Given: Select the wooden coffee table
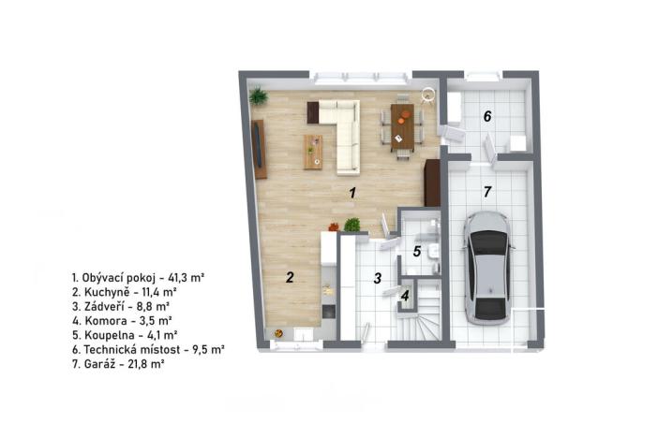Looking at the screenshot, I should pyautogui.click(x=313, y=152).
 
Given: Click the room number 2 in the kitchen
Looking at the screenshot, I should pyautogui.click(x=291, y=276).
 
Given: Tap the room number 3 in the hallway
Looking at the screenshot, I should pyautogui.click(x=377, y=277).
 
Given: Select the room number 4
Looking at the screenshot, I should pyautogui.click(x=405, y=297).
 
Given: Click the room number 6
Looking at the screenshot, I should pyautogui.click(x=486, y=117).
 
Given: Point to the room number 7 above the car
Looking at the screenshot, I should pyautogui.click(x=486, y=193).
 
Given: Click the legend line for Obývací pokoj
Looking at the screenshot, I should pyautogui.click(x=139, y=278).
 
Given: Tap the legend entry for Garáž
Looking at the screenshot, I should pyautogui.click(x=118, y=362).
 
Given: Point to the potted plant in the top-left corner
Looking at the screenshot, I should pyautogui.click(x=258, y=95).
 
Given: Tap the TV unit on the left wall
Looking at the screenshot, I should pyautogui.click(x=260, y=148).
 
